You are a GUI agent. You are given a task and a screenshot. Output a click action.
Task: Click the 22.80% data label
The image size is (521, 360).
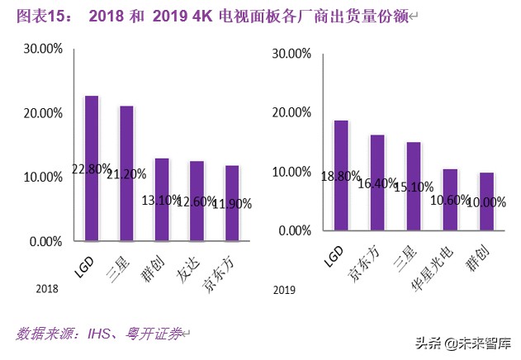pyautogui.click(x=92, y=169)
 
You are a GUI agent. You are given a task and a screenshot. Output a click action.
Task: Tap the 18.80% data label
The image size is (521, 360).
pyautogui.click(x=340, y=176)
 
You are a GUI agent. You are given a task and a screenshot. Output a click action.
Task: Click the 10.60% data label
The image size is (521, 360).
pyautogui.click(x=449, y=200)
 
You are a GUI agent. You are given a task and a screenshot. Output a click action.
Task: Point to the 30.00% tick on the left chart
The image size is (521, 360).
pyautogui.click(x=42, y=49)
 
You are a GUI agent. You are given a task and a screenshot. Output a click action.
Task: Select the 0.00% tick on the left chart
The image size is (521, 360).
pyautogui.click(x=45, y=242)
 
